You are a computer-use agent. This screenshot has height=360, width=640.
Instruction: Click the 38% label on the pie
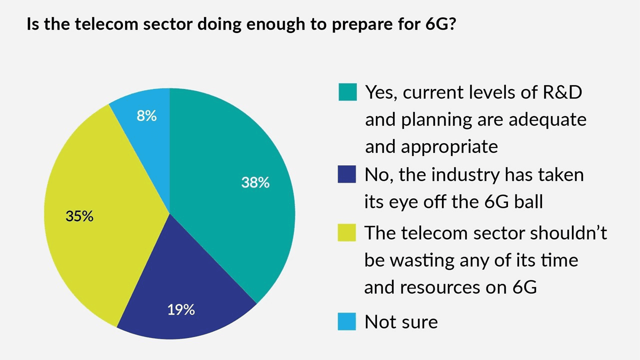(x=255, y=183)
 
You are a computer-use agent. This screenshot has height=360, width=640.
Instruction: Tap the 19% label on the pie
(x=181, y=310)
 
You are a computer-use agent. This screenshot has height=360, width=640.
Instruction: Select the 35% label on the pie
(x=79, y=216)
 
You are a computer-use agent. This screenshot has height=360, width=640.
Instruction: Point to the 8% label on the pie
(x=146, y=116)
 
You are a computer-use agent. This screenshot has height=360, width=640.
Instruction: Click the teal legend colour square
(x=347, y=92)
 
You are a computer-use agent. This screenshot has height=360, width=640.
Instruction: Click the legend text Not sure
(x=401, y=321)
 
